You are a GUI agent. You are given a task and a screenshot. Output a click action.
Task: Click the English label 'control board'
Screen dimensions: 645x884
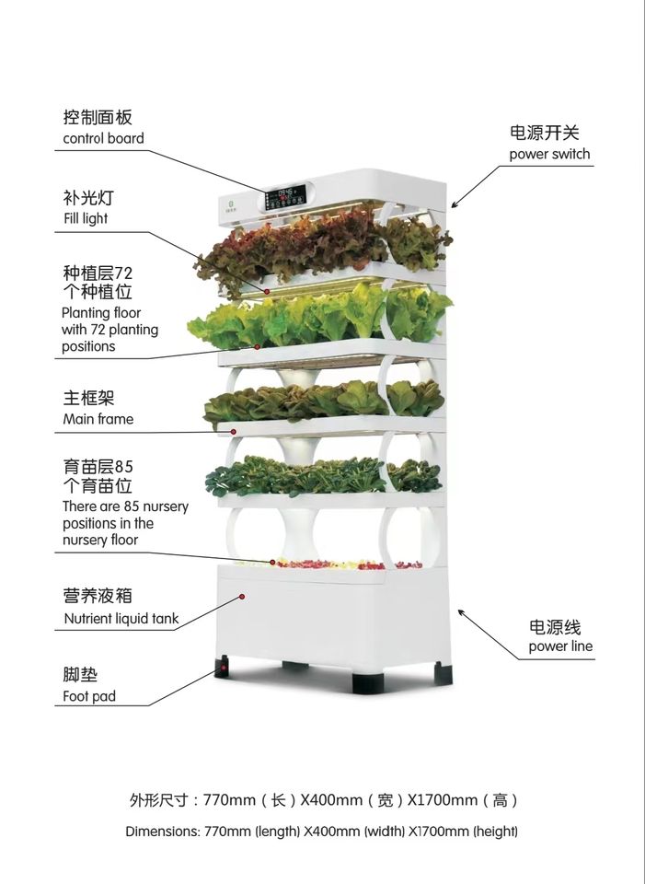pyautogui.click(x=103, y=139)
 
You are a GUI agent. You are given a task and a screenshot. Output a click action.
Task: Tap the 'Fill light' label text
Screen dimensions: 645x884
pyautogui.click(x=85, y=218)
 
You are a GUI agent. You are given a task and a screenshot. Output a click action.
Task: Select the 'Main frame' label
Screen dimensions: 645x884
pyautogui.click(x=98, y=419)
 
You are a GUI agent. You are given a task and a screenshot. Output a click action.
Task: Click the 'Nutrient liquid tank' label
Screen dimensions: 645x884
pyautogui.click(x=121, y=619)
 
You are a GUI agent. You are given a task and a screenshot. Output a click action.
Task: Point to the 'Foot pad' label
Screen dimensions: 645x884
pyautogui.click(x=89, y=696)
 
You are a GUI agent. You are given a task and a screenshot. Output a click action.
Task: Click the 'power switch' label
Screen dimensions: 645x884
pyautogui.click(x=549, y=154)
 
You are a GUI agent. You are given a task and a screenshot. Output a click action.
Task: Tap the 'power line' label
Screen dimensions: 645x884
pyautogui.click(x=560, y=646)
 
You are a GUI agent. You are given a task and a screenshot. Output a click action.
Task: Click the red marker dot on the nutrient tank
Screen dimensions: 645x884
pyautogui.click(x=242, y=597)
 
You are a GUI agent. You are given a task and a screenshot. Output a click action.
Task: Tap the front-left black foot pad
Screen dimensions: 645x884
pyautogui.click(x=223, y=666)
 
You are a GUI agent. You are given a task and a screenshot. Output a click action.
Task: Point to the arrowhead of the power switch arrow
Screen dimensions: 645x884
pyautogui.click(x=454, y=204)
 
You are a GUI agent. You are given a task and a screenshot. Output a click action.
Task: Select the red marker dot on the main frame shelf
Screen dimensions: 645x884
pyautogui.click(x=234, y=431)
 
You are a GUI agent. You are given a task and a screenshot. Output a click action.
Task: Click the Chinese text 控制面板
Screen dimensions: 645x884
pyautogui.click(x=98, y=118)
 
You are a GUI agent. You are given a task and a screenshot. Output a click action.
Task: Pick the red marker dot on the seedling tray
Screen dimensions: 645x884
pyautogui.click(x=272, y=562)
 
